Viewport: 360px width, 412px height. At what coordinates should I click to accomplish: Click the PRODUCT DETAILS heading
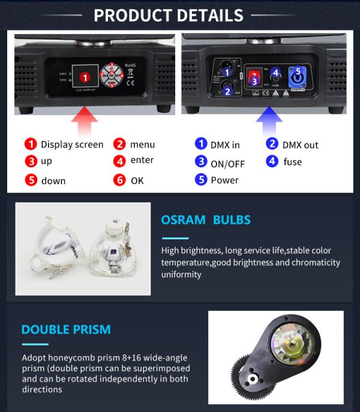pos(169,15)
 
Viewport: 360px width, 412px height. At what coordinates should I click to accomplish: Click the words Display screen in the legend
pos(72,145)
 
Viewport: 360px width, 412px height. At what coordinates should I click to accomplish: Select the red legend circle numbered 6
pos(120,181)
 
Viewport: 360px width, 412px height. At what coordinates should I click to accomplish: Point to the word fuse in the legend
pos(292,162)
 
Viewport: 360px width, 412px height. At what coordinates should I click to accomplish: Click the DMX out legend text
pos(300,145)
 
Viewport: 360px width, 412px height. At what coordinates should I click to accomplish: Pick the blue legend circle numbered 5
pos(200,180)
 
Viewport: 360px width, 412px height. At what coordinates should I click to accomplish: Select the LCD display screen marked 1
pos(85,77)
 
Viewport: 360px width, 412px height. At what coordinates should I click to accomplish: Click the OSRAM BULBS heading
pos(206,220)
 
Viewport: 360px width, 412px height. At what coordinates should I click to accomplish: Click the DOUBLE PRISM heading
pos(66,329)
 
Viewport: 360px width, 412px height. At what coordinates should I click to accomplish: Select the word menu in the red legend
pos(142,145)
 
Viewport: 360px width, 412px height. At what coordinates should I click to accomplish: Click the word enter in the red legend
pos(142,160)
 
